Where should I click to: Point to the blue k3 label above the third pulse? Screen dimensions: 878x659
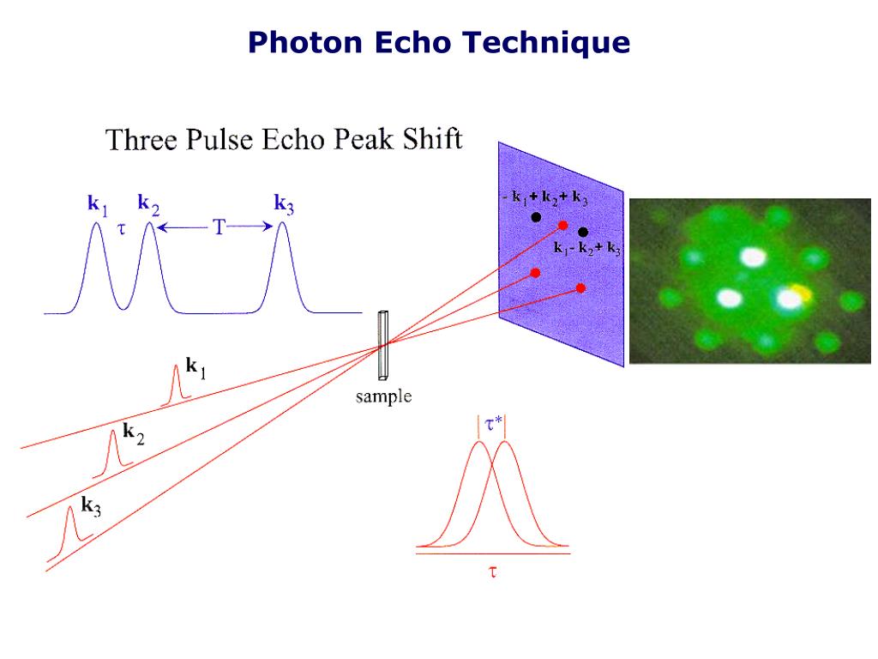point(284,204)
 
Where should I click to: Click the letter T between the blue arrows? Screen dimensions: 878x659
point(219,227)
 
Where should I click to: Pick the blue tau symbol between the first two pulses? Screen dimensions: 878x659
point(122,228)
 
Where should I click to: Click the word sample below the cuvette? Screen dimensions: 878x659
point(383,396)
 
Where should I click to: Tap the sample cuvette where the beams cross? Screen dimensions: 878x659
point(383,345)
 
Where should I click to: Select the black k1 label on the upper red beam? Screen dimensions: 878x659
point(196,368)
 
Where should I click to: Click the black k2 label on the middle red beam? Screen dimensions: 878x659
point(133,433)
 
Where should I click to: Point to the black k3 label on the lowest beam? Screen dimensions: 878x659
point(91,506)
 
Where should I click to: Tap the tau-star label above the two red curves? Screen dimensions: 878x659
point(493,424)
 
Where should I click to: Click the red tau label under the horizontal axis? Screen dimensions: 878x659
point(493,571)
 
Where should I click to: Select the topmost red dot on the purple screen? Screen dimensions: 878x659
point(562,226)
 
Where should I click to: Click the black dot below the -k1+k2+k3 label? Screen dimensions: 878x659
point(536,217)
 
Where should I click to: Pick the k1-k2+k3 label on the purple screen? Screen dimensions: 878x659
point(587,248)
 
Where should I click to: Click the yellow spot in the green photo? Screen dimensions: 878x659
point(803,292)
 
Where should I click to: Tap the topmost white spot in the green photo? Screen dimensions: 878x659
point(753,257)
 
